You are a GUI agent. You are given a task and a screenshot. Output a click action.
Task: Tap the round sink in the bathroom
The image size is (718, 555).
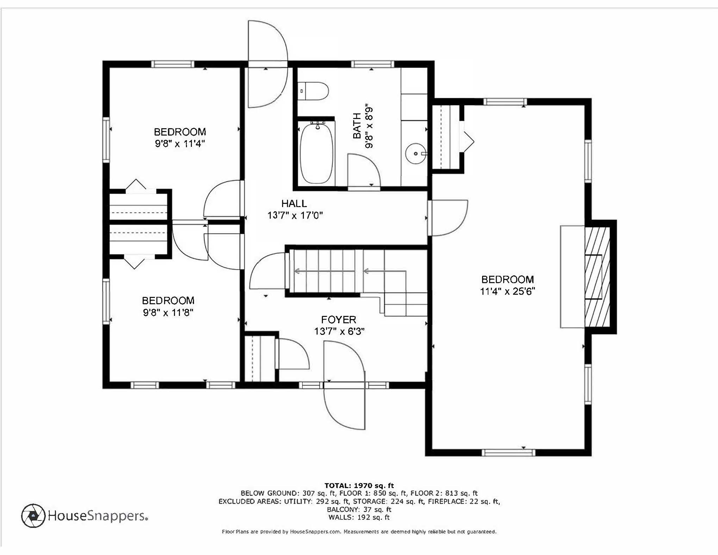click(416, 154)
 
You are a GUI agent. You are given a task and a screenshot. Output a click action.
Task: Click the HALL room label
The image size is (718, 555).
click(294, 203)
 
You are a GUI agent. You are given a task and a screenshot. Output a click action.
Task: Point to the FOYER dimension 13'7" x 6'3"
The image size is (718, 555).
click(339, 331)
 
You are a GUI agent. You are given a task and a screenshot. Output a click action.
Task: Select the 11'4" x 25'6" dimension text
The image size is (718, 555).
click(507, 291)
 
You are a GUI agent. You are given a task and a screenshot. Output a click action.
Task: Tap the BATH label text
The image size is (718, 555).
click(357, 126)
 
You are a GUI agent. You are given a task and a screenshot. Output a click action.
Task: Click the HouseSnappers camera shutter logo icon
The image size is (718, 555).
click(33, 516)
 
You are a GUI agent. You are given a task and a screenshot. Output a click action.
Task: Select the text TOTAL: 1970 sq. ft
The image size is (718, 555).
click(359, 486)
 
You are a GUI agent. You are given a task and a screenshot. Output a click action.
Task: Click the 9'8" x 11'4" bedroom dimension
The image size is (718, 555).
click(180, 143)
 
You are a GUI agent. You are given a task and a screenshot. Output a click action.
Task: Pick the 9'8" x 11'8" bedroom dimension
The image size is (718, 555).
click(168, 312)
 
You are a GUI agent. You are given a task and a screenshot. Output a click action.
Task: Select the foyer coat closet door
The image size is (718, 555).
click(292, 354)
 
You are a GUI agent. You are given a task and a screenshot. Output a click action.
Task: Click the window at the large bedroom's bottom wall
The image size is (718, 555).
click(508, 453)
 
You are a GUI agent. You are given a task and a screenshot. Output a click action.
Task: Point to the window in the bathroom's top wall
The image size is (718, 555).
click(373, 64)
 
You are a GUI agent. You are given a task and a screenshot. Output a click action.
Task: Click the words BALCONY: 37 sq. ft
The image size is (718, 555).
click(359, 509)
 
